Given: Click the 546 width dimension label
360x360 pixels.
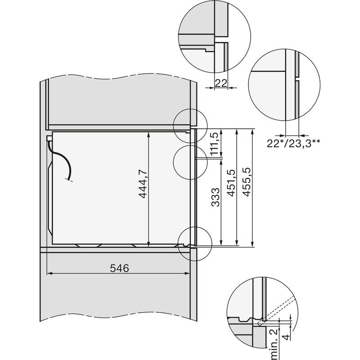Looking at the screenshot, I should pos(120,269).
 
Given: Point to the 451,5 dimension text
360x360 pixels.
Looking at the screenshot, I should pos(231,183).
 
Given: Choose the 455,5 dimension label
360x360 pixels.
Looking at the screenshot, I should pos(247,182).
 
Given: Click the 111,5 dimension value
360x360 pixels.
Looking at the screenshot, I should pos(215,144).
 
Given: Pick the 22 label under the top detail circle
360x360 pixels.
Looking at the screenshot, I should pos(220,83).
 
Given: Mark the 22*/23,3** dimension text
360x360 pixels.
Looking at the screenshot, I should pos(293,144).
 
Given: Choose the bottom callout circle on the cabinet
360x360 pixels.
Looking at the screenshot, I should pos(194,243).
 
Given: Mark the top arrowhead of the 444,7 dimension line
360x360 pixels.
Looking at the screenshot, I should pos(148,134).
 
